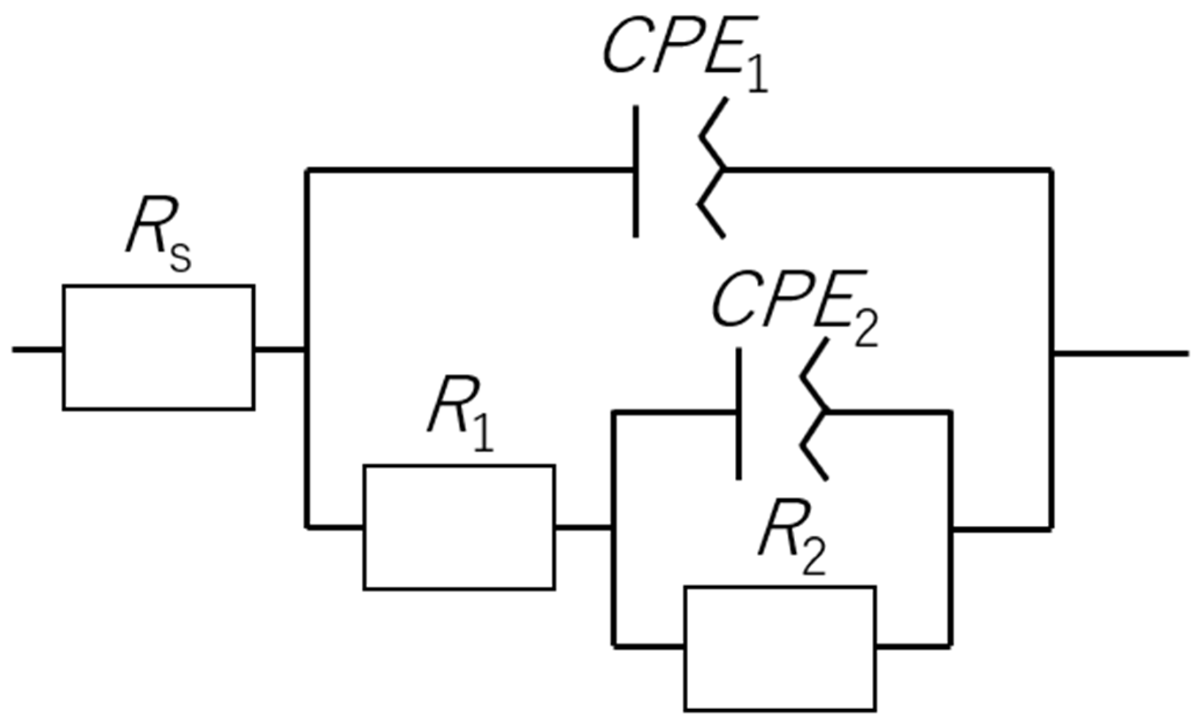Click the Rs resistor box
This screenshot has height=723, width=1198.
pyautogui.click(x=158, y=347)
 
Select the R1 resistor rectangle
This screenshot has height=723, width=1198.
pyautogui.click(x=459, y=527)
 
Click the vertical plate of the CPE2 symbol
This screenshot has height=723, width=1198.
pyautogui.click(x=739, y=414)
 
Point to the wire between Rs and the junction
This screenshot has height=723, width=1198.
pyautogui.click(x=279, y=350)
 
